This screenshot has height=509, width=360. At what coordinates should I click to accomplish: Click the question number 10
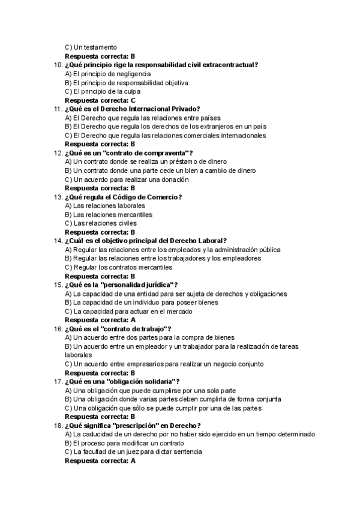coord(58,65)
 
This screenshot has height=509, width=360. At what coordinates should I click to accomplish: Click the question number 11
coord(58,109)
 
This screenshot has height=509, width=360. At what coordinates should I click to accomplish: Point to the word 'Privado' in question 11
coord(184,109)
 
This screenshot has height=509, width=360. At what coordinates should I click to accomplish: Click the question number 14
coord(58,241)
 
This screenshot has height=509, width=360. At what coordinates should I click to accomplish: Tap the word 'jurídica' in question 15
coord(157,285)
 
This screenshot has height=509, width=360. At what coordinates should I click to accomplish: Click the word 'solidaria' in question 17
coord(157,382)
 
